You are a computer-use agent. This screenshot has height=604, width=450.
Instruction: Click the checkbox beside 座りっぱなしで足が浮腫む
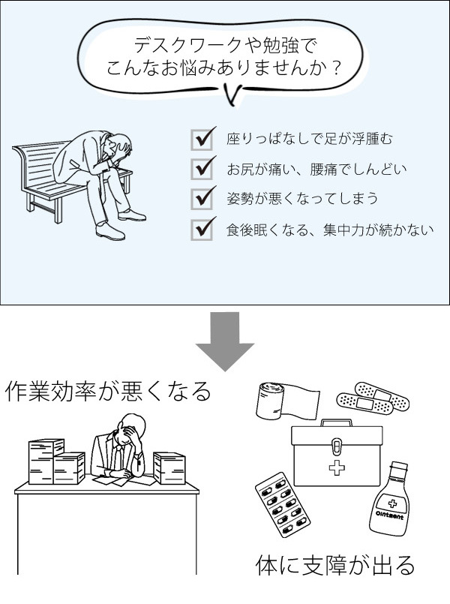click(202, 140)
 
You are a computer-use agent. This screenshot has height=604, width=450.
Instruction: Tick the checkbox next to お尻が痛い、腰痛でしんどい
click(202, 169)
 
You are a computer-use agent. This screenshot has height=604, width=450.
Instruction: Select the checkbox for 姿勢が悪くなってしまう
click(202, 199)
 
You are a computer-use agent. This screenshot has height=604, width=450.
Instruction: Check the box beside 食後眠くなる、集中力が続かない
click(202, 229)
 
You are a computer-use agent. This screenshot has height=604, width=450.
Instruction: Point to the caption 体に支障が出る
click(334, 564)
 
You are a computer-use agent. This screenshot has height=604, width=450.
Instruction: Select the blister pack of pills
click(280, 504)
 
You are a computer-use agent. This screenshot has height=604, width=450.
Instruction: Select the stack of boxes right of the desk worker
click(169, 469)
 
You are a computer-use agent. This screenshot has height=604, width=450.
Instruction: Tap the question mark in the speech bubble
click(336, 69)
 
